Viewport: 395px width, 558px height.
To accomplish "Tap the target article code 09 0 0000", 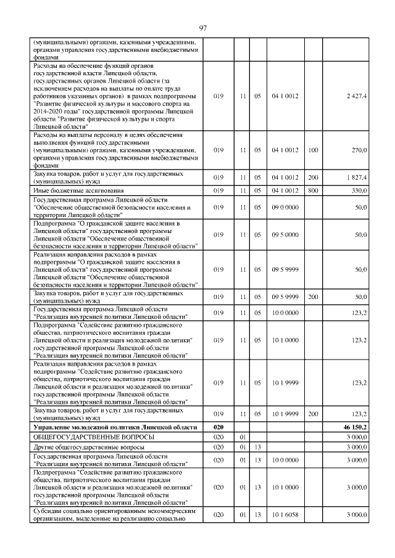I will tap(285, 207).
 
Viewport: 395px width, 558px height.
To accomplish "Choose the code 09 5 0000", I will tap(285, 235).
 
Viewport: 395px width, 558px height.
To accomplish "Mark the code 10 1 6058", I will tap(285, 515).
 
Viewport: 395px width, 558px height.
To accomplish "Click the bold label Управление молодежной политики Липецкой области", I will tap(115, 427).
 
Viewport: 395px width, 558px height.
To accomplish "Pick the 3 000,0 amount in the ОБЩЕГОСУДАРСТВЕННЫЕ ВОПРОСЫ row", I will tap(357, 437).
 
